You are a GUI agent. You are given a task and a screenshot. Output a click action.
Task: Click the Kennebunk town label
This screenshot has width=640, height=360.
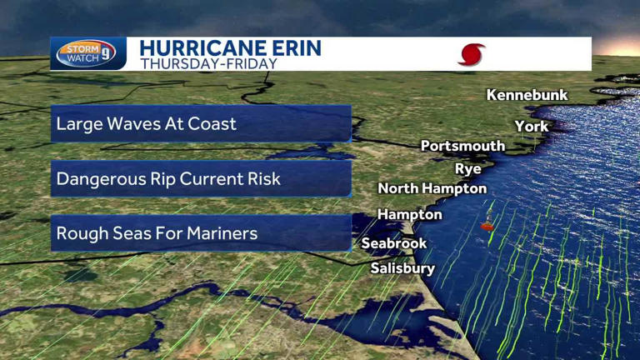click(527, 95)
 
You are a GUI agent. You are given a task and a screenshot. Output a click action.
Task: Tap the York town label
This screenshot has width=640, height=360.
click(531, 126)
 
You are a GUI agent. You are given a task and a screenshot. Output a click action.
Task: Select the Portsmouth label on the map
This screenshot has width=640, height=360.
click(462, 146)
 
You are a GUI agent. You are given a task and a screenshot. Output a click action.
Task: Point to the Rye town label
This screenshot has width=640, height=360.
click(467, 168)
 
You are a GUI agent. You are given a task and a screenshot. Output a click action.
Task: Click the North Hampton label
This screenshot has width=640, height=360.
click(432, 188)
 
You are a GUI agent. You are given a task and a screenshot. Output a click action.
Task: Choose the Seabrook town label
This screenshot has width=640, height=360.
click(393, 243)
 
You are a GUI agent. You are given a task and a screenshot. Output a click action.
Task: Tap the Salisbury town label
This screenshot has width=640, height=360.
click(402, 268)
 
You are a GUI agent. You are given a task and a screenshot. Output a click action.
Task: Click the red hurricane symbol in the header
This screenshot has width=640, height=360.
click(471, 55)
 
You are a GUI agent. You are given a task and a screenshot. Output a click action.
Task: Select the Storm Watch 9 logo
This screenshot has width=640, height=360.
click(87, 54)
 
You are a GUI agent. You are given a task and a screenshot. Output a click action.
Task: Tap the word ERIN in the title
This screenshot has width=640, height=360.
click(293, 47)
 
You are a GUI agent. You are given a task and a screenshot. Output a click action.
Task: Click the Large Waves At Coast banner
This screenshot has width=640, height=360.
click(200, 124)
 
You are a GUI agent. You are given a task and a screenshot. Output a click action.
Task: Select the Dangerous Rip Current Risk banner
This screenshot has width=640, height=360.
click(200, 178)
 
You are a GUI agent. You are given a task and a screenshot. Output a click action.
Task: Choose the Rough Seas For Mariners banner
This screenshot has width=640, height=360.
click(200, 233)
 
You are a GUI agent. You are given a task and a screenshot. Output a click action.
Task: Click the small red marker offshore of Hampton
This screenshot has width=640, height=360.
click(487, 226)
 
